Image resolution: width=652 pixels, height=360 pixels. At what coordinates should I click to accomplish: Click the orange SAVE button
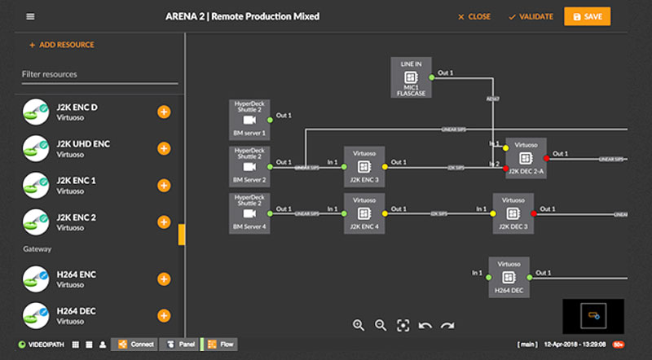(x=587, y=16)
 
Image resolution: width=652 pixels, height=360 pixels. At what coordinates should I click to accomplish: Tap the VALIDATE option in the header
(x=531, y=16)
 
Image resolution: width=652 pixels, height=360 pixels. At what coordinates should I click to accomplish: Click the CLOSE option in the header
(x=474, y=16)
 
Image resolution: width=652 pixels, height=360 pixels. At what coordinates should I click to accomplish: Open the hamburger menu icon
(x=30, y=16)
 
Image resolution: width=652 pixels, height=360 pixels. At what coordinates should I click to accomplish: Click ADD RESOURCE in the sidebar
(x=62, y=45)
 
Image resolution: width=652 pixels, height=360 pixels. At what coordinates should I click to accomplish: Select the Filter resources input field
(x=99, y=74)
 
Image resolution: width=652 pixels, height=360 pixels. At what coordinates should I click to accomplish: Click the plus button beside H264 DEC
(x=163, y=315)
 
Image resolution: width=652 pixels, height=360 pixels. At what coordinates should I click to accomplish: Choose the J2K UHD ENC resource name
(x=83, y=144)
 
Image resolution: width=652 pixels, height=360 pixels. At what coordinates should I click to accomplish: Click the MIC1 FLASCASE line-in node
(x=411, y=77)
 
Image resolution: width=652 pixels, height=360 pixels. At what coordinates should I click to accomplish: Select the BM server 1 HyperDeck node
(x=249, y=120)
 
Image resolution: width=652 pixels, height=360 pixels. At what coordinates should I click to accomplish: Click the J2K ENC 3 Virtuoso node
(x=364, y=166)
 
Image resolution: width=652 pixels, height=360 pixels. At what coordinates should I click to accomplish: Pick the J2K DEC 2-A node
(x=525, y=157)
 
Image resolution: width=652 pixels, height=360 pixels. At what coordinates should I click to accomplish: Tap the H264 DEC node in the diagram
(x=509, y=277)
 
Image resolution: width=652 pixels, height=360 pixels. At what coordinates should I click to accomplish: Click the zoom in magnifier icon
(x=359, y=325)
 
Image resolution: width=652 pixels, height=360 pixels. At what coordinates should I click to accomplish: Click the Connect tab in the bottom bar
(x=134, y=345)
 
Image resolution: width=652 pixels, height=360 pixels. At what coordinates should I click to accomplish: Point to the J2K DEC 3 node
(x=513, y=213)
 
